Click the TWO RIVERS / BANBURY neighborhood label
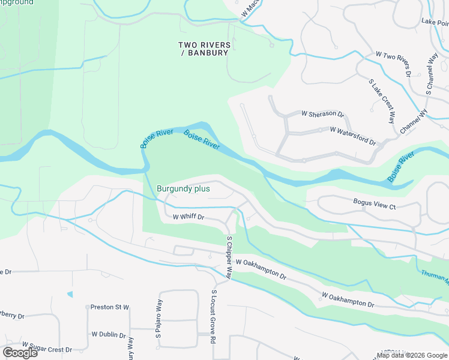[x=204, y=49]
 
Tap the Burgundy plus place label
[x=183, y=188]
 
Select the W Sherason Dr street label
[x=322, y=113]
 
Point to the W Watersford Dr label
[x=352, y=136]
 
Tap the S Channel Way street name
[x=432, y=74]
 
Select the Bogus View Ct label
[x=375, y=207]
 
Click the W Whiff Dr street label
[x=189, y=217]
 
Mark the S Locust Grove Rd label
[x=213, y=316]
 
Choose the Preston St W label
[x=110, y=307]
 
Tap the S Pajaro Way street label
[x=158, y=329]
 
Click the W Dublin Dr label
[x=109, y=335]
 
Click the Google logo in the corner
[x=20, y=353]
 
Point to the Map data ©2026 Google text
[x=412, y=355]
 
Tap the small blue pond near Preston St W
[x=70, y=294]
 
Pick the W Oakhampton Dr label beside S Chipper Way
[x=261, y=267]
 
